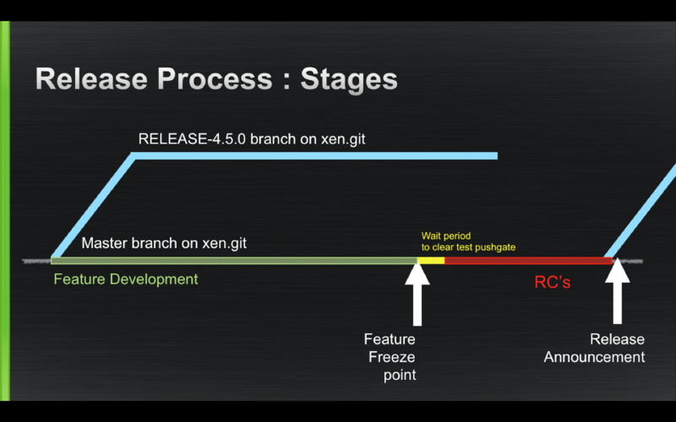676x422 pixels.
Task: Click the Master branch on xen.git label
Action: click(x=164, y=243)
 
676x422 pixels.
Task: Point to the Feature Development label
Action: click(x=126, y=279)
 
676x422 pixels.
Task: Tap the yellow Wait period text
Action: click(x=446, y=236)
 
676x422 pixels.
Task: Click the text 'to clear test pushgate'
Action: click(x=468, y=247)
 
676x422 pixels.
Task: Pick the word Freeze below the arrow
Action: click(x=391, y=357)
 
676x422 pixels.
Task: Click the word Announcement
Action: click(x=594, y=357)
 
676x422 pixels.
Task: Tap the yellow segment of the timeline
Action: click(x=432, y=261)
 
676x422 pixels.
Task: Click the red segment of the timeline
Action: click(x=524, y=261)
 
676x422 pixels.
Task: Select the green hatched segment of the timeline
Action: click(x=237, y=261)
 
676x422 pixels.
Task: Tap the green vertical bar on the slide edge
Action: click(x=5, y=211)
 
